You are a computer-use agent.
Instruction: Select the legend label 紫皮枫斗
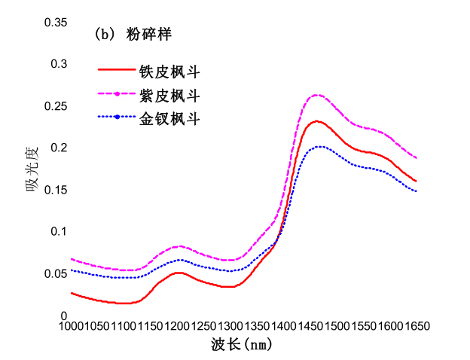click(169, 96)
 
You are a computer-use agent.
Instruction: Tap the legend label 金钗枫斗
click(169, 118)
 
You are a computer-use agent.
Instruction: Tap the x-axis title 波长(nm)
click(241, 345)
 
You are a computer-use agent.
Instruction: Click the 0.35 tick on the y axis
click(56, 23)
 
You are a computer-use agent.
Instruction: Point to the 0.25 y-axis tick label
click(56, 106)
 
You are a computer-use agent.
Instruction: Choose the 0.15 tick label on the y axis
click(56, 190)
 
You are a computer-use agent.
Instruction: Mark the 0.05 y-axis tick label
click(56, 273)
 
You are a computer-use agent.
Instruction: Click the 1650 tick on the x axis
click(416, 326)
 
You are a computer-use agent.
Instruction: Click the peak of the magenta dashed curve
click(317, 95)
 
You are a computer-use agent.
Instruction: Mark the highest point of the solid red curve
click(318, 121)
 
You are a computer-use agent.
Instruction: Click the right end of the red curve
click(416, 181)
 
